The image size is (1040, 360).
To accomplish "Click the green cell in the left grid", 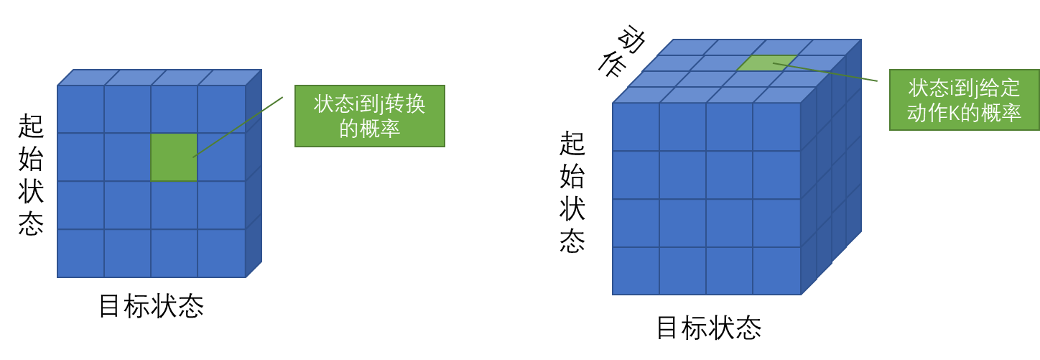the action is (174, 157).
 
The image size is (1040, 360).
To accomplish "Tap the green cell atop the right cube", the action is (767, 63).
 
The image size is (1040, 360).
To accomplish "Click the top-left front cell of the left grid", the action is (80, 109).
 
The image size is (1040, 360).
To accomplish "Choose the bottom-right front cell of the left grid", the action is (221, 253).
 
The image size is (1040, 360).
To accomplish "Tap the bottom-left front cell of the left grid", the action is (80, 253).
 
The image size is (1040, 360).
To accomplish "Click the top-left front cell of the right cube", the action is (636, 126).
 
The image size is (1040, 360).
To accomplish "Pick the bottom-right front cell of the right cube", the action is (776, 271).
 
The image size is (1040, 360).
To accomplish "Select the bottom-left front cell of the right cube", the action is (636, 271).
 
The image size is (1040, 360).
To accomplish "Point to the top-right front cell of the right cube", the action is (776, 126).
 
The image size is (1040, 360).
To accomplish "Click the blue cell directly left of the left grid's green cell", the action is (127, 157).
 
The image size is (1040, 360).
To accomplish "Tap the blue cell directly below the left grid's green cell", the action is (174, 205).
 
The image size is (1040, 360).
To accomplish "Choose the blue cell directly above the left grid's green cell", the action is (174, 109).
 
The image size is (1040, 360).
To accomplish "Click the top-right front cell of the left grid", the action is (221, 109).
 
